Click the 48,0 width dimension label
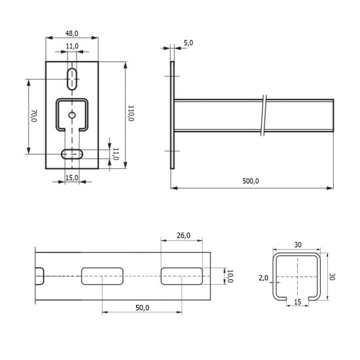pyautogui.click(x=72, y=33)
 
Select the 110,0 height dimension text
pyautogui.click(x=131, y=114)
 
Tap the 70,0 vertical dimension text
pyautogui.click(x=33, y=116)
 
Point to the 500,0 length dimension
pyautogui.click(x=251, y=181)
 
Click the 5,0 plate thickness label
pyautogui.click(x=189, y=43)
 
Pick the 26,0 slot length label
pyautogui.click(x=183, y=235)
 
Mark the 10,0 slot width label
pyautogui.click(x=230, y=276)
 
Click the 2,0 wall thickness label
pyautogui.click(x=263, y=278)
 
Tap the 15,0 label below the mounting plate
pyautogui.click(x=72, y=178)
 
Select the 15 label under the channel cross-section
pyautogui.click(x=298, y=302)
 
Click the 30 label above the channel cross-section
pyautogui.click(x=298, y=244)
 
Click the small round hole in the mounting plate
pyautogui.click(x=72, y=115)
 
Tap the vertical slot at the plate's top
pyautogui.click(x=72, y=78)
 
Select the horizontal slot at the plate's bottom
pyautogui.click(x=72, y=154)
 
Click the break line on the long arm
pyautogui.click(x=262, y=116)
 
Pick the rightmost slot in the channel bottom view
pyautogui.click(x=183, y=276)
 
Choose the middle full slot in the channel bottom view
pyautogui.click(x=103, y=276)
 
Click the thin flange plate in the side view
pyautogui.click(x=173, y=115)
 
